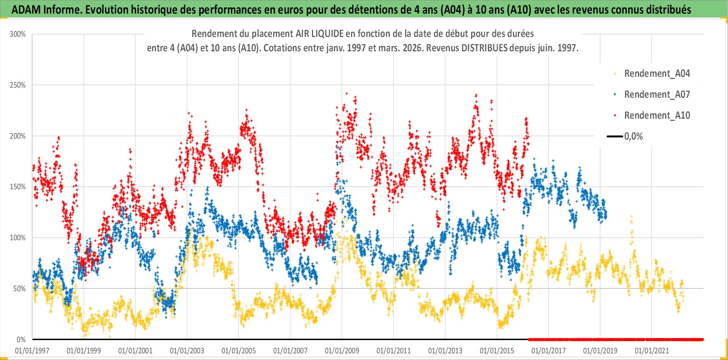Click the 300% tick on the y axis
click(x=18, y=34)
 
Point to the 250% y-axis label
click(x=18, y=85)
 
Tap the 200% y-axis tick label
click(x=18, y=136)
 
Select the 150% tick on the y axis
click(x=18, y=187)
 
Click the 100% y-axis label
click(x=18, y=238)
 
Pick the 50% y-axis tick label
click(x=19, y=289)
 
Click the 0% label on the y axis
click(x=21, y=339)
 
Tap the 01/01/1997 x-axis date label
click(x=32, y=351)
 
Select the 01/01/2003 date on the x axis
click(x=187, y=351)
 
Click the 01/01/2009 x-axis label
click(x=342, y=351)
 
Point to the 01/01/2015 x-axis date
click(x=497, y=351)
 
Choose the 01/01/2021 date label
click(x=652, y=351)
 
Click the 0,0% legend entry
click(x=633, y=137)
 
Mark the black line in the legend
click(x=615, y=137)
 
